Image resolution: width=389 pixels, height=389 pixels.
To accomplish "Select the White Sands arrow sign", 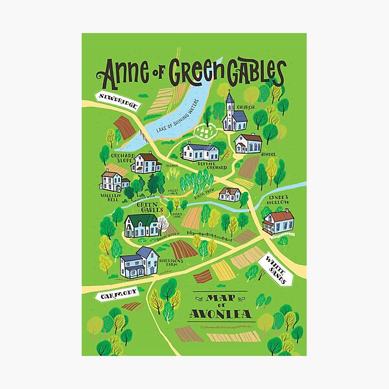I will [278, 266].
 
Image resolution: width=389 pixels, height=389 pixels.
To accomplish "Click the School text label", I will [268, 154].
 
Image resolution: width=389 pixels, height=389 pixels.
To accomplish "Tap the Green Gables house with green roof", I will [141, 225].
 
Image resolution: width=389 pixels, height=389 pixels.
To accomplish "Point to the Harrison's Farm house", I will [139, 263].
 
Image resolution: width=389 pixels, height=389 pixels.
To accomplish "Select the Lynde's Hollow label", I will [278, 200].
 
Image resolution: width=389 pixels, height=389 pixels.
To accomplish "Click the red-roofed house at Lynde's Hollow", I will [278, 222].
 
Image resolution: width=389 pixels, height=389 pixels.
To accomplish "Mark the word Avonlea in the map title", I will [217, 316].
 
